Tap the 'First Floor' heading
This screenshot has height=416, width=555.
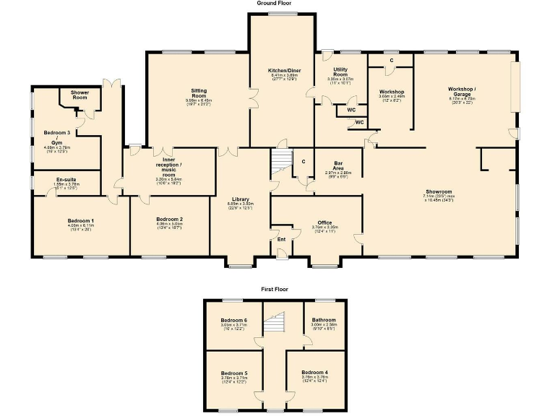(275, 289)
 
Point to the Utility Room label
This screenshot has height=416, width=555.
(340, 72)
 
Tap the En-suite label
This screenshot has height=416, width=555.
(66, 179)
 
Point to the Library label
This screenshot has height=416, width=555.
(241, 199)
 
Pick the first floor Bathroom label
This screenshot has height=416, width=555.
(324, 320)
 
